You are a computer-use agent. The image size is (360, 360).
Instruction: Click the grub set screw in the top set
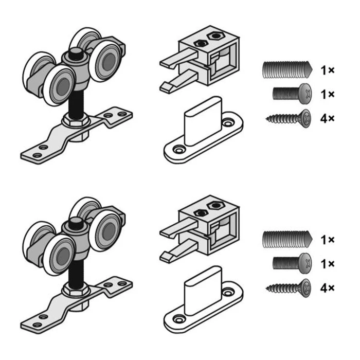[287, 69]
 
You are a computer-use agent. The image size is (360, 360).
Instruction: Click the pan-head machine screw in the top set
[292, 94]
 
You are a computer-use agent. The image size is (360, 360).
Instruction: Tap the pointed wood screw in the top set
[289, 119]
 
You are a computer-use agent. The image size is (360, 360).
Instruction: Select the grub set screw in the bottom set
[287, 239]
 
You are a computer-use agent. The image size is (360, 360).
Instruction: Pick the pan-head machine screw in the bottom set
[292, 263]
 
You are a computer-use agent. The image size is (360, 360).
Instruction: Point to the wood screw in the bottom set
[289, 289]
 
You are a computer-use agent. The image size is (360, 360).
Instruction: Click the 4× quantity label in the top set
[328, 119]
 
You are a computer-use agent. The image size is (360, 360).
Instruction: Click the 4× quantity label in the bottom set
[328, 289]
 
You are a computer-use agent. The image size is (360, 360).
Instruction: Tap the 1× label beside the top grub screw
[328, 70]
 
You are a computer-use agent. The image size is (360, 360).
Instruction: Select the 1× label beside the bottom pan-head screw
[328, 264]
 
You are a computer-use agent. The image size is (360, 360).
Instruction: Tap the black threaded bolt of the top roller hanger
[76, 105]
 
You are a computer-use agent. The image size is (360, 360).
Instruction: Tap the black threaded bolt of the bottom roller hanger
[76, 274]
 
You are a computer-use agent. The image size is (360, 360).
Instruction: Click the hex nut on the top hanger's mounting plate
[75, 120]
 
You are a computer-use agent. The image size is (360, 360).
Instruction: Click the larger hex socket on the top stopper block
[215, 36]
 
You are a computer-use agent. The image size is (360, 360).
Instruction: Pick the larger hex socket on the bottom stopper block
[215, 206]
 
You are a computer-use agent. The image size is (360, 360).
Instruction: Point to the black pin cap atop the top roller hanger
[76, 54]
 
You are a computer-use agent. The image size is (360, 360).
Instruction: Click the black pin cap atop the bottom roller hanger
[76, 224]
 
